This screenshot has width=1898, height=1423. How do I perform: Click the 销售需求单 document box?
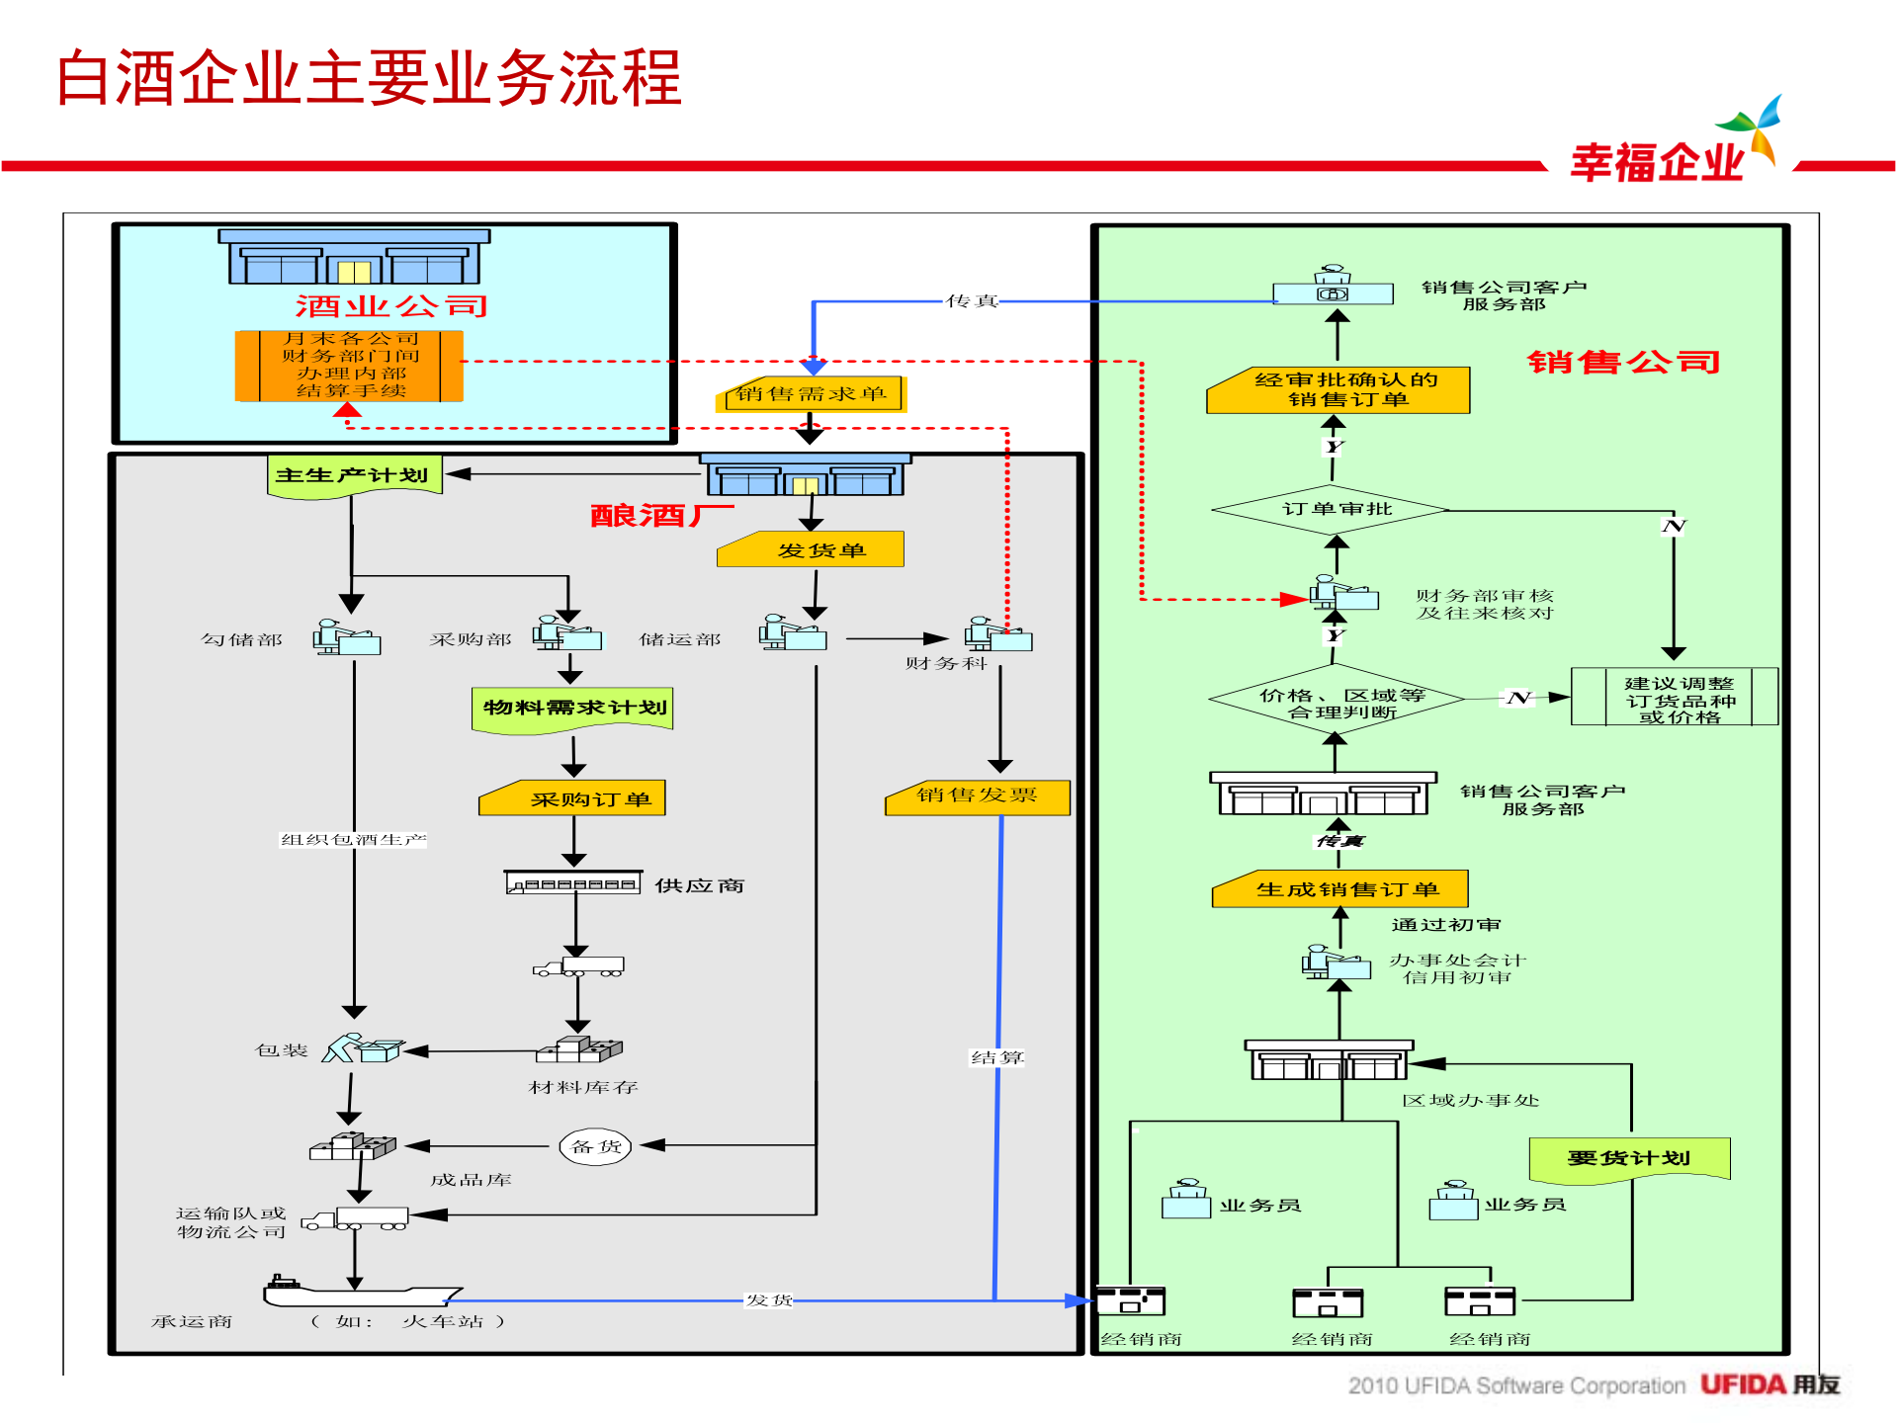coord(810,394)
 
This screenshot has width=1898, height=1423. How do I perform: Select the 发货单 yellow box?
coord(811,549)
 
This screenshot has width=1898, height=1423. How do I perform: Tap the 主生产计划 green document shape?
coord(353,475)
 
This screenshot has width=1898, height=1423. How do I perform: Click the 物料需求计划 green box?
coord(572,709)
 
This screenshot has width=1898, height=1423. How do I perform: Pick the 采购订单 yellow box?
coord(572,798)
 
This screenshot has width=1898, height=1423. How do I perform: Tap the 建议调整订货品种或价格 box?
coord(1676,698)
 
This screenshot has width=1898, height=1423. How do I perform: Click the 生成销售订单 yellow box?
coord(1340,889)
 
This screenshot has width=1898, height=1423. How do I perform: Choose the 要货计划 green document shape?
coord(1629,1158)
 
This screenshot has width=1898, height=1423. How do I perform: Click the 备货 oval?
coord(595,1146)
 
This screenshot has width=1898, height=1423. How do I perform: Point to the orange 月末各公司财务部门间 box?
coord(349,366)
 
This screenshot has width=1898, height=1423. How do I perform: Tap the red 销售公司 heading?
coord(1623,363)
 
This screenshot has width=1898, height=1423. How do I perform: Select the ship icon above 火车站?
coord(360,1291)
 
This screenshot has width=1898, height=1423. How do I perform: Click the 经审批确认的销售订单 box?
coord(1338,390)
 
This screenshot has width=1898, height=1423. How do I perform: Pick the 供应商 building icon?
coord(572,882)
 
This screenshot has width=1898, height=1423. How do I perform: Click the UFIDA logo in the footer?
coord(1769,1384)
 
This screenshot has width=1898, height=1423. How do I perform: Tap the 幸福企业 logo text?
coord(1658,162)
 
